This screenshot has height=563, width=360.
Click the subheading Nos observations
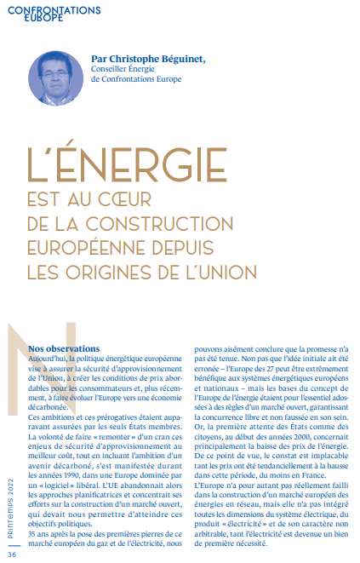[88, 348]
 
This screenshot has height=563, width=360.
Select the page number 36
[12, 554]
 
